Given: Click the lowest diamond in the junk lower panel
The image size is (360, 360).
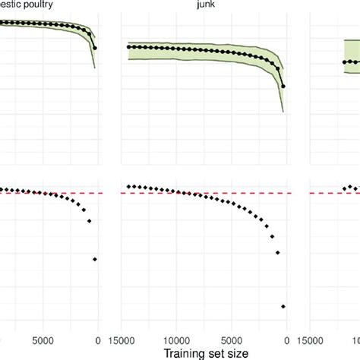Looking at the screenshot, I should (283, 306).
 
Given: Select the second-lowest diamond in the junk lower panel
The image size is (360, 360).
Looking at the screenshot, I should (277, 252).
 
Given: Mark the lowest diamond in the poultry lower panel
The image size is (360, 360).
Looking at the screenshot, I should (95, 259).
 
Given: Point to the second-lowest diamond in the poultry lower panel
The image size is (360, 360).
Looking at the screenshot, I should (90, 221).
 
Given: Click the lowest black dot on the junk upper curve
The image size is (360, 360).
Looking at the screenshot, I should (283, 87).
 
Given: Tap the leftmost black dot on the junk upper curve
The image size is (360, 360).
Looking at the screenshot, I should (128, 47).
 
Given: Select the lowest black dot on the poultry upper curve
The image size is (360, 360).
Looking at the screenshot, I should (95, 48).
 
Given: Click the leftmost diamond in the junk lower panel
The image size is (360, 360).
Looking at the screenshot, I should (128, 186).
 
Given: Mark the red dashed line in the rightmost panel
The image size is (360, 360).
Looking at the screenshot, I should (334, 194).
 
